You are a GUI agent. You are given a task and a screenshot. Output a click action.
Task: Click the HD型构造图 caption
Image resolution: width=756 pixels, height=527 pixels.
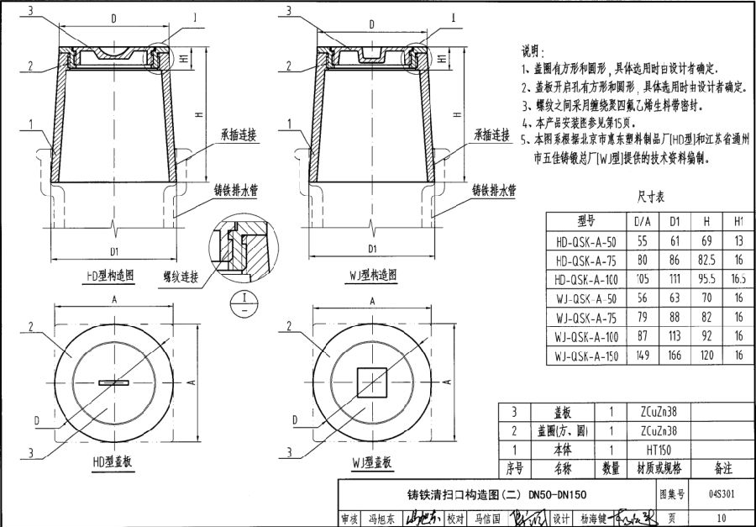111,275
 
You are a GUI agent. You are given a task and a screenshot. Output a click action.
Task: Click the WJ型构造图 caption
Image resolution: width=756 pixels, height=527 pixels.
371,275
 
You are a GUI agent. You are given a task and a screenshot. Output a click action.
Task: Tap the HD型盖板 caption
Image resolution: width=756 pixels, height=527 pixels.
113,463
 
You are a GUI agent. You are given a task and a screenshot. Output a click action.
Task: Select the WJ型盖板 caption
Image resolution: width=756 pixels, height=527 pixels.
371,463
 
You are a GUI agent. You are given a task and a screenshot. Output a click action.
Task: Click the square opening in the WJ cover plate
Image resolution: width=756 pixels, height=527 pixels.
370,382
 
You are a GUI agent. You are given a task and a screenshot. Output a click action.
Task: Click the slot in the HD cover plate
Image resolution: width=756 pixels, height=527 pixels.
113,382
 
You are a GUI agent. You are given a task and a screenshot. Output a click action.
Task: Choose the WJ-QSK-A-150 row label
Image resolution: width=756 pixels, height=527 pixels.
586,356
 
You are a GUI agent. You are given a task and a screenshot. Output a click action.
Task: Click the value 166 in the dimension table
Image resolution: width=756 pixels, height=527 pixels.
674,356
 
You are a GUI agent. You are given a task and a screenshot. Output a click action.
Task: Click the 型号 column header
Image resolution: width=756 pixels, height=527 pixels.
585,220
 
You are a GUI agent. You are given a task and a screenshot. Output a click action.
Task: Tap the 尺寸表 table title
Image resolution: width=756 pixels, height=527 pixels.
650,198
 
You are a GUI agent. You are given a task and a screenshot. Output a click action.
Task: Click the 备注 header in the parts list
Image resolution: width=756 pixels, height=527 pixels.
723,467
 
